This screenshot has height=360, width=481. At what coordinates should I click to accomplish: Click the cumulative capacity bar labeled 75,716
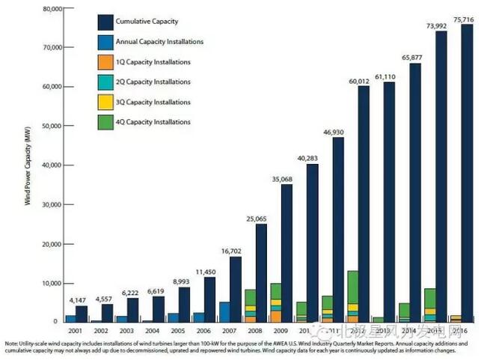tap(466, 172)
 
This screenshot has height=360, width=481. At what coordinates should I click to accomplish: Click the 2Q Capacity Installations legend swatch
tap(106, 82)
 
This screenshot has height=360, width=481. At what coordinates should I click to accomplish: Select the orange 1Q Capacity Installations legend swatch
tap(106, 61)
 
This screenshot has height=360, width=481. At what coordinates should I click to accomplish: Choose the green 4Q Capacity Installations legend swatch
tap(106, 121)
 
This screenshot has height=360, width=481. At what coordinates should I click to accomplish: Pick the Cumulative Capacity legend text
tap(157, 22)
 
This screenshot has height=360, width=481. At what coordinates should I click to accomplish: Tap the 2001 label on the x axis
tap(76, 330)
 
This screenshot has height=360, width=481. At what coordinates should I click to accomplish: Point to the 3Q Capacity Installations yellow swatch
tap(106, 102)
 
